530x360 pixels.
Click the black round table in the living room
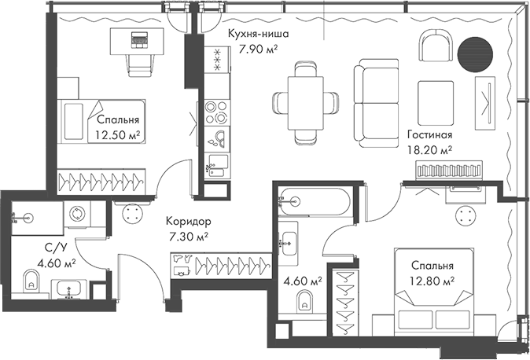pyautogui.click(x=477, y=57)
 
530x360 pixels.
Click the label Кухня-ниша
pyautogui.click(x=257, y=35)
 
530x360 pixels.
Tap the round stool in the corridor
pyautogui.click(x=131, y=213)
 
